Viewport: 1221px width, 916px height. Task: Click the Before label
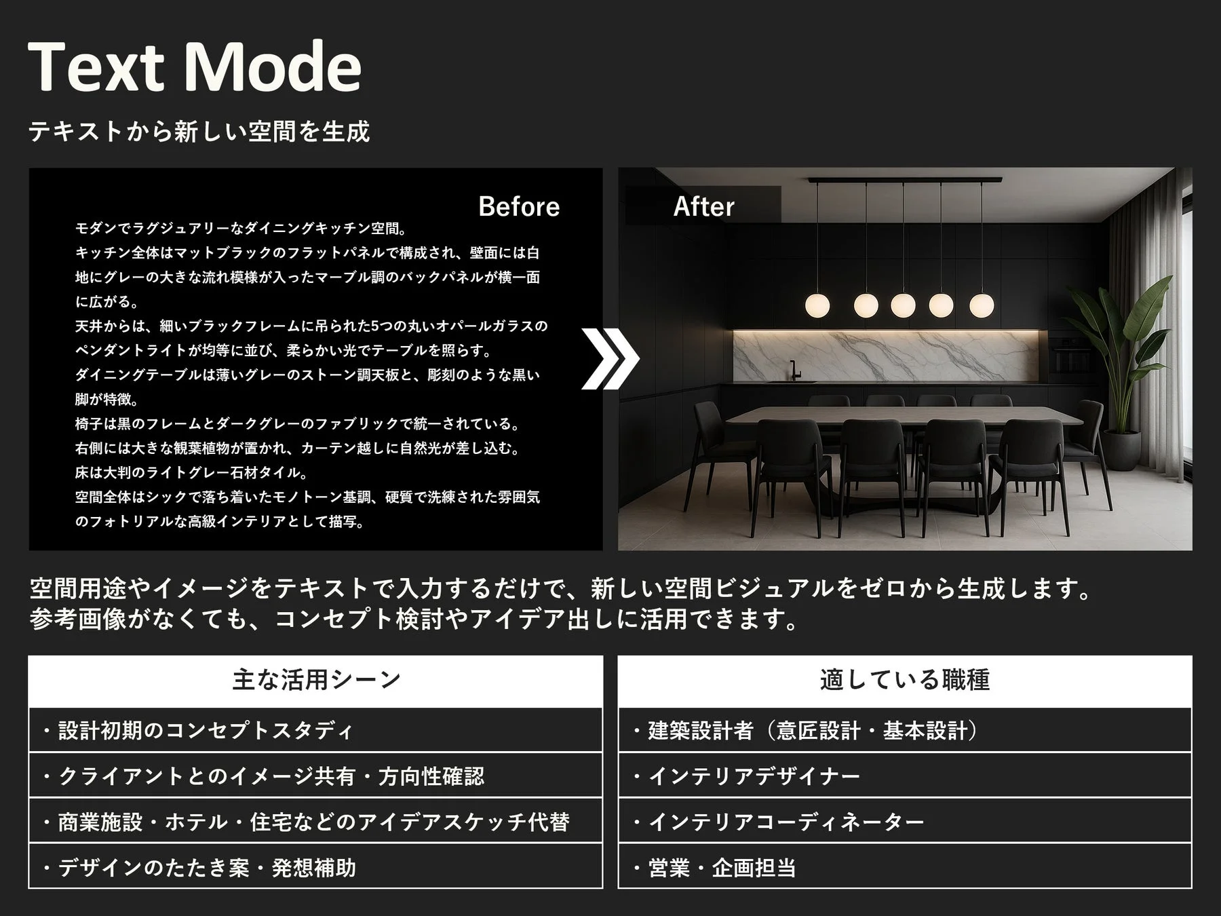click(x=519, y=206)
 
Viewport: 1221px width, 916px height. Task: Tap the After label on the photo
click(x=703, y=206)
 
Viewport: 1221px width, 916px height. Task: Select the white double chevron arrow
click(x=610, y=359)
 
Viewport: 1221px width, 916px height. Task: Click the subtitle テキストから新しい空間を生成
click(x=199, y=131)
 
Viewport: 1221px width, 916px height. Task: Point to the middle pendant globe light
click(x=903, y=305)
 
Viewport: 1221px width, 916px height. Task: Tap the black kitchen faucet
click(x=793, y=370)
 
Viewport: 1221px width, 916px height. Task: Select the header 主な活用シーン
click(x=315, y=680)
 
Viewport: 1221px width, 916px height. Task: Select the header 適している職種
click(x=904, y=680)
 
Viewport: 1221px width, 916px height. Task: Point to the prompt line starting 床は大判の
click(x=191, y=472)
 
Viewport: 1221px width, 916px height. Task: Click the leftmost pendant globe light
click(x=817, y=305)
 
